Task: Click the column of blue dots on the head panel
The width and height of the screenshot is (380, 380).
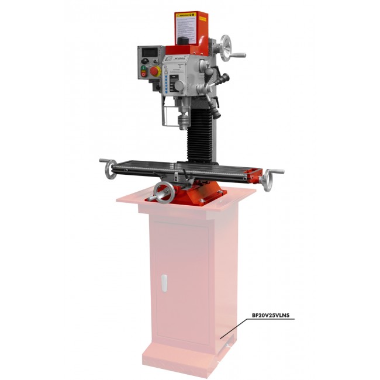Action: pyautogui.click(x=167, y=84)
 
